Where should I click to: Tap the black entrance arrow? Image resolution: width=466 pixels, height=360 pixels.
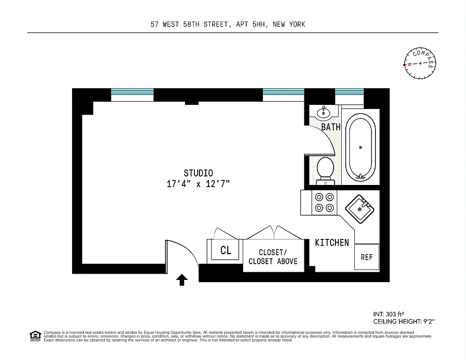(181, 280)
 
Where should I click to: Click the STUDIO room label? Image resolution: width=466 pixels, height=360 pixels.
(198, 173)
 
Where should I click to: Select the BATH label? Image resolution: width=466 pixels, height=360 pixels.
(331, 127)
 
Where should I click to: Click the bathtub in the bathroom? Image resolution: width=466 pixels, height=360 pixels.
(360, 147)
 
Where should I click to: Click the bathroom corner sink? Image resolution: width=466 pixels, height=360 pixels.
(323, 112)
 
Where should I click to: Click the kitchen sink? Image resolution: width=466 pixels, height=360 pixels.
(360, 208)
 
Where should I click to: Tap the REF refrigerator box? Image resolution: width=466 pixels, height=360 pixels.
(366, 257)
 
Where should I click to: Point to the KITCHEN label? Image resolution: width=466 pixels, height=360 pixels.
(332, 243)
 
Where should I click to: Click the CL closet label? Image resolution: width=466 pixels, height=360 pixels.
(226, 251)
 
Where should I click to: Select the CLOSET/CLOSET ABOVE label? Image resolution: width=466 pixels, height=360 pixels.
(273, 257)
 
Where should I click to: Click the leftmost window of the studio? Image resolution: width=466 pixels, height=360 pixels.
(132, 94)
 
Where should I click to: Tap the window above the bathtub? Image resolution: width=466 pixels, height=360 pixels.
(349, 94)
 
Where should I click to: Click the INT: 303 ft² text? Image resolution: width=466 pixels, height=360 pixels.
(389, 315)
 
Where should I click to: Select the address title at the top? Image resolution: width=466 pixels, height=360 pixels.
(228, 24)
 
